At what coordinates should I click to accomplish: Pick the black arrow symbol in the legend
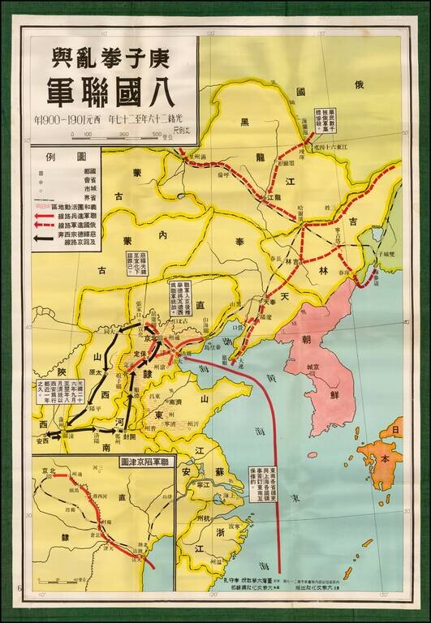pos(41,238)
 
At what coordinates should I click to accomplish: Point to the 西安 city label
pos(42,441)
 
